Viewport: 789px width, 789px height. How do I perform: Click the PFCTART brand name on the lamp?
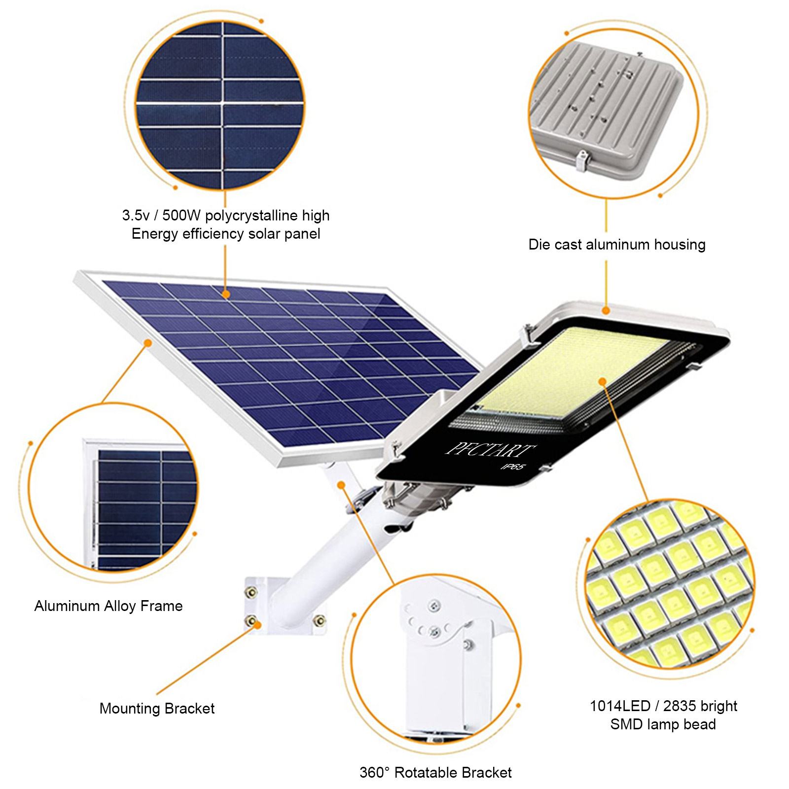coord(490,450)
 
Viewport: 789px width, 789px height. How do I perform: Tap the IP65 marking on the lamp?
coord(513,466)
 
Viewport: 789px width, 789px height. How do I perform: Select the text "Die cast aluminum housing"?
coord(617,245)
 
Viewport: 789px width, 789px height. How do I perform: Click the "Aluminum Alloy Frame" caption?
coord(108,606)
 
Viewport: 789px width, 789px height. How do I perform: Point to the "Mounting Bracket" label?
coord(157,709)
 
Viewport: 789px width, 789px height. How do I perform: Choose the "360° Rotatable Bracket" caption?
coord(435,772)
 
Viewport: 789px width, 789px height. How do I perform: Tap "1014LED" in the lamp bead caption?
coord(620,706)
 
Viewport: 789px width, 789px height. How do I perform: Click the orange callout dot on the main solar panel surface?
coord(225,294)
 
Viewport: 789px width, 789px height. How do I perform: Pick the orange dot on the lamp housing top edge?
coord(606,310)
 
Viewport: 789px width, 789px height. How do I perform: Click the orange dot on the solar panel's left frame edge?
coord(148,343)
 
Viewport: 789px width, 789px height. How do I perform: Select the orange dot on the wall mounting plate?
coord(257,625)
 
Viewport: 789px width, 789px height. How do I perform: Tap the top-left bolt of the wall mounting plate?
coord(251,592)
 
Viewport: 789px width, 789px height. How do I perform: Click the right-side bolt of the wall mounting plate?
coord(319,621)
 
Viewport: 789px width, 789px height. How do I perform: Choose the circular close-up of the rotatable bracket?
coord(436,659)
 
